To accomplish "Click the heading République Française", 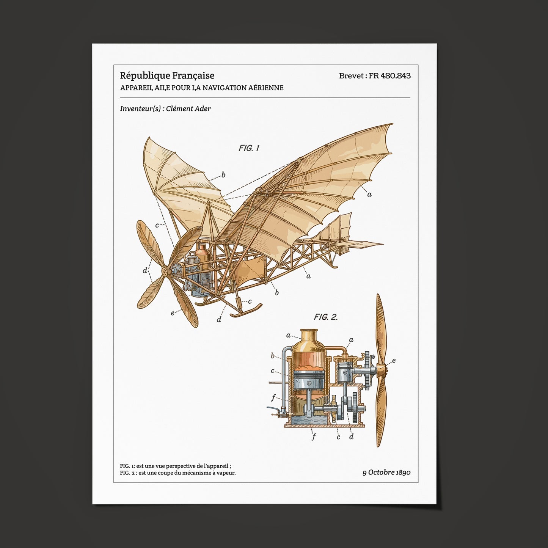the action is [167, 75].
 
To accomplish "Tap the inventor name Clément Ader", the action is [188, 108].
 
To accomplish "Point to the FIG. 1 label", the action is [249, 148].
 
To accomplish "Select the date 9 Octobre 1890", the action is [386, 473].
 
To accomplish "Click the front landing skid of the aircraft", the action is [246, 310].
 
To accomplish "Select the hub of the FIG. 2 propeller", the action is [382, 370].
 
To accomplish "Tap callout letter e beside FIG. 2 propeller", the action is [394, 361].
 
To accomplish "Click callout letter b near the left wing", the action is [223, 175].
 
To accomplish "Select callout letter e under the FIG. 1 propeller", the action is [172, 313].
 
